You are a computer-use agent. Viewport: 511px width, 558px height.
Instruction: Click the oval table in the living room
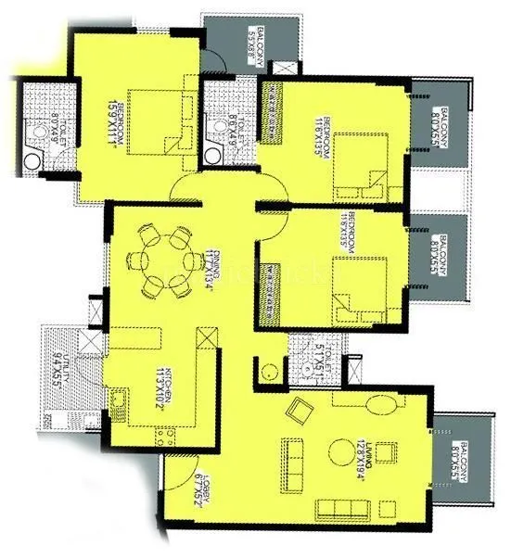[x=379, y=405]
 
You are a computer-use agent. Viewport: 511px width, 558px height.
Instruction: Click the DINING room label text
[x=214, y=273]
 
